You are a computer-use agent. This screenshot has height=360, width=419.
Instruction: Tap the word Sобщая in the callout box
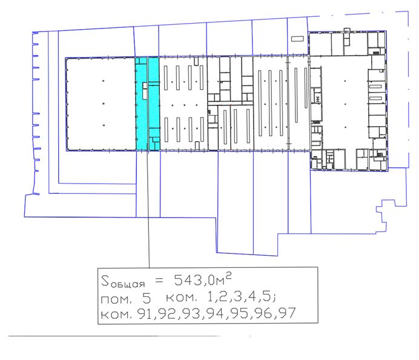coord(123,282)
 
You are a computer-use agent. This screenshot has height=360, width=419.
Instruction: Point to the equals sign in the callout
coord(159,281)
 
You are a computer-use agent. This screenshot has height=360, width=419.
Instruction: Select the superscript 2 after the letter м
coord(228,276)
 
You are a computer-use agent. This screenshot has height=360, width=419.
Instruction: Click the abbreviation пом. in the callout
coord(116,299)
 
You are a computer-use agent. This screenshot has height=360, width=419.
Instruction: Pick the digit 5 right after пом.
coord(147,298)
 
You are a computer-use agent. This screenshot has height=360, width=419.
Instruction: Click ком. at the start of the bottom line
coord(116,315)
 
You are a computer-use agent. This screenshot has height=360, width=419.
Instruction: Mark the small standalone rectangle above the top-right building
coord(297,39)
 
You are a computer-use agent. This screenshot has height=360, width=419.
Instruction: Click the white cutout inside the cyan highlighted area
coord(145,90)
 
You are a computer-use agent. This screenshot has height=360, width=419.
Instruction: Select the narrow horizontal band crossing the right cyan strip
coord(154,84)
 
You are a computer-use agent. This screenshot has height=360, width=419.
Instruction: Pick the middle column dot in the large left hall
coord(104,103)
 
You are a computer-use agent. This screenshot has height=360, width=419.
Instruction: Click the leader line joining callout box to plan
coord(148,209)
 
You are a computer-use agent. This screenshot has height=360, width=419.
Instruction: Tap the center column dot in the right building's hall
coord(346,104)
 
